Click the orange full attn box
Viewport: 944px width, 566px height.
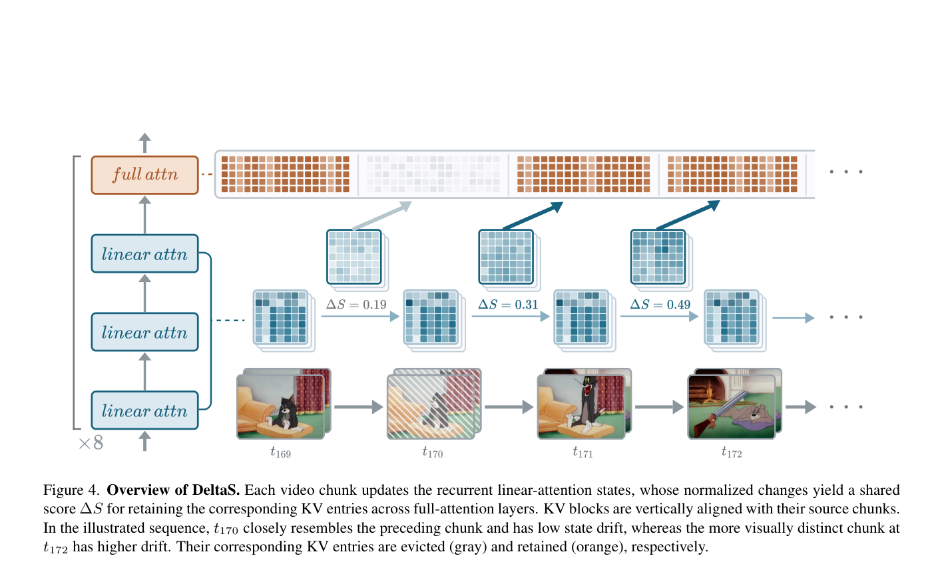[144, 175]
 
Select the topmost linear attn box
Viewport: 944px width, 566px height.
[144, 253]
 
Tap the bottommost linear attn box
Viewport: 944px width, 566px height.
[144, 410]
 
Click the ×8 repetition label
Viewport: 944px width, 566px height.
[91, 442]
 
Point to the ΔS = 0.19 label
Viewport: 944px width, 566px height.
[356, 304]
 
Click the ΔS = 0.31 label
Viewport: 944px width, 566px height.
[508, 304]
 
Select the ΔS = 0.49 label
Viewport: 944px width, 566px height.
[660, 304]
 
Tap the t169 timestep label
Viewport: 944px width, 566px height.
[280, 452]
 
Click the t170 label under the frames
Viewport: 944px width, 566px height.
[432, 452]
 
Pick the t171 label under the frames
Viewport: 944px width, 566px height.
[583, 452]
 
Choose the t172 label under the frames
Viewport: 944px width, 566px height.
[732, 452]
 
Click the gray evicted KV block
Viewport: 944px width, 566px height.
[433, 174]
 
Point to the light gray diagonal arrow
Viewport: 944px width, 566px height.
[382, 215]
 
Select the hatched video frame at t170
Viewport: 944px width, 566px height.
[434, 404]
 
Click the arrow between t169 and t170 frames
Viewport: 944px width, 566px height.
[359, 407]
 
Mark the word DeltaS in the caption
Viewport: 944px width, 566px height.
[216, 490]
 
